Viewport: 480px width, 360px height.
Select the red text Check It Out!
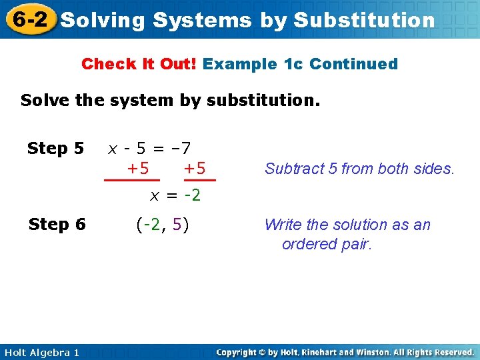139,65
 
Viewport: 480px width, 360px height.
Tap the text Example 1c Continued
300,65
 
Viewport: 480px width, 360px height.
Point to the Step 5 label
55,148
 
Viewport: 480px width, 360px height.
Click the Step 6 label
57,225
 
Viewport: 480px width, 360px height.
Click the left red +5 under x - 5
138,168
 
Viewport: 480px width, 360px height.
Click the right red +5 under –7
194,168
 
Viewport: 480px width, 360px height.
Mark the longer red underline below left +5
132,180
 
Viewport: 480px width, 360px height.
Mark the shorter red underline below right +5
201,180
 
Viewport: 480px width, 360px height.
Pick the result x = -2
175,196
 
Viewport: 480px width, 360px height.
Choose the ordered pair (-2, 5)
162,225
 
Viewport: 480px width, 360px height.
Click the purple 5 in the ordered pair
177,225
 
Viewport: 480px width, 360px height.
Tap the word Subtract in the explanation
291,169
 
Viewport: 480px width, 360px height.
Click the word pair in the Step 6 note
356,244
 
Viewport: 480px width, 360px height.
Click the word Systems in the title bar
202,20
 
